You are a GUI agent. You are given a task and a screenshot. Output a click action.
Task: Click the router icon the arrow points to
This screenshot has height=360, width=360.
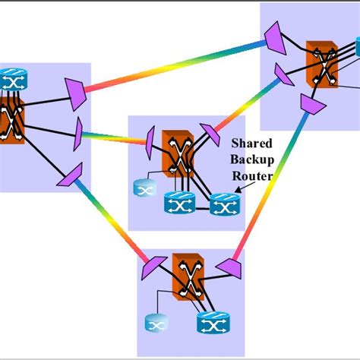[223, 203]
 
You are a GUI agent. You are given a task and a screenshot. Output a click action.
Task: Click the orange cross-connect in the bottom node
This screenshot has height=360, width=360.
[188, 277]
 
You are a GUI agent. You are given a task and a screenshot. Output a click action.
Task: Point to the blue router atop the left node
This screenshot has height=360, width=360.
[12, 78]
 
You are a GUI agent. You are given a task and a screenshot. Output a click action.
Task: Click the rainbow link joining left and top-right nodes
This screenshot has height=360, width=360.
[175, 67]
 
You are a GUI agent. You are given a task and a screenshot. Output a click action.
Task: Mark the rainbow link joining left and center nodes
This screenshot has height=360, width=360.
[114, 138]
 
